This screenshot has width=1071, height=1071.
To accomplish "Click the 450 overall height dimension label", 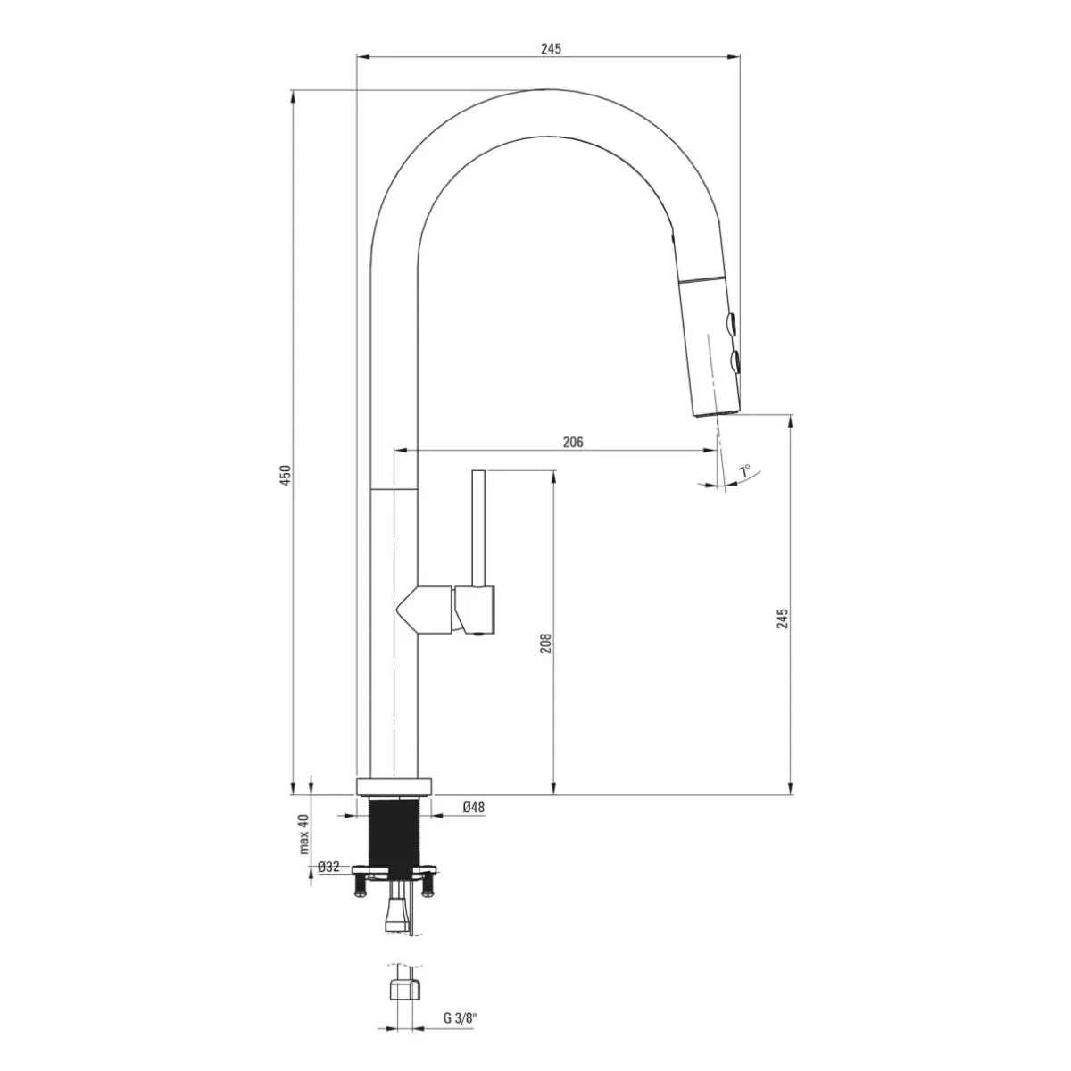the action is pos(285,475).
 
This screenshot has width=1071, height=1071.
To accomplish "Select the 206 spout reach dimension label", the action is pos(573,442).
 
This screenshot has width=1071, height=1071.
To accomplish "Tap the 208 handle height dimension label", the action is pos(546,643).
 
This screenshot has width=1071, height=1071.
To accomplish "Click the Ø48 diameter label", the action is pos(474,807).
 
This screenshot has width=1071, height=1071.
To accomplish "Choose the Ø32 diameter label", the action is pos(328,867).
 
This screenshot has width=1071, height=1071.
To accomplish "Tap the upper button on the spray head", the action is pos(731,323).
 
